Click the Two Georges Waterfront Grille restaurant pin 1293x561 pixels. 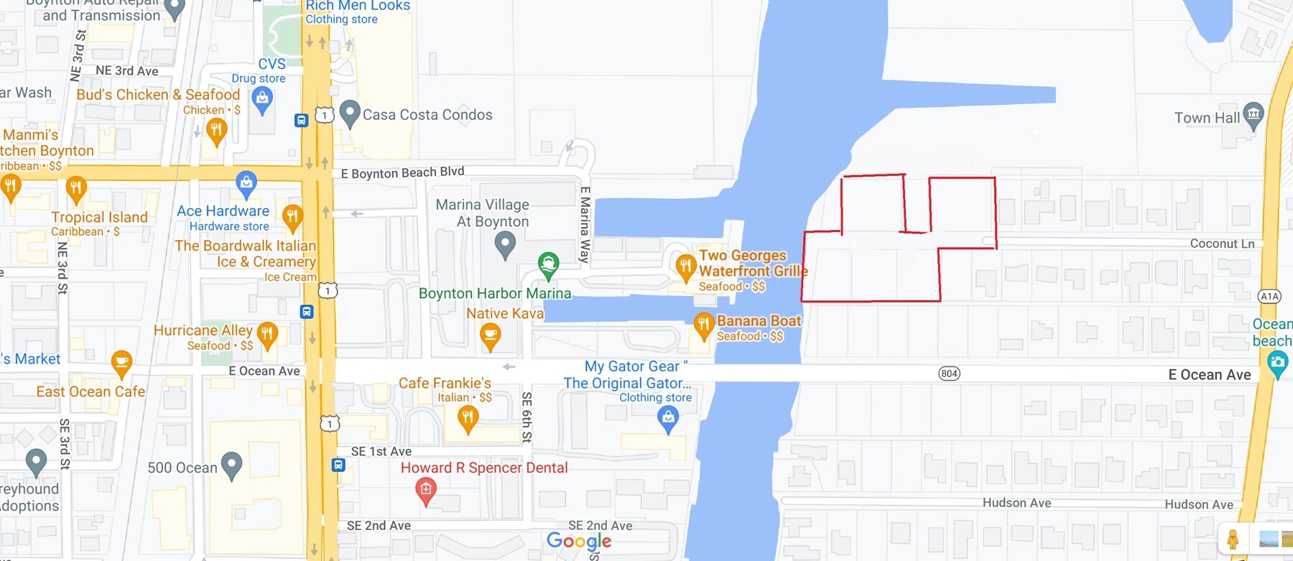685,268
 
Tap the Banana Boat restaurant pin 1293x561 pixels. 703,326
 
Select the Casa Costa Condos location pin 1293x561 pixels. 349,113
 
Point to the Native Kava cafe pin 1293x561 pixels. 490,336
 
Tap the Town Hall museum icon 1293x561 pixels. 1253,115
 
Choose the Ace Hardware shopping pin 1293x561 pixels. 246,183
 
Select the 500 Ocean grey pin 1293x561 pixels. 231,465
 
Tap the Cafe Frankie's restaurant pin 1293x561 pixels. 468,418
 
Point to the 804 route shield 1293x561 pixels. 949,374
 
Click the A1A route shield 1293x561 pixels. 1269,296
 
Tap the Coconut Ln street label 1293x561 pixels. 1222,244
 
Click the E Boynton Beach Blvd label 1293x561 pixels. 402,172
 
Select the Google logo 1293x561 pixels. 579,541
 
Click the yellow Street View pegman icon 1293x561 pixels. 1233,539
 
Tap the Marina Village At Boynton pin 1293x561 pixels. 505,245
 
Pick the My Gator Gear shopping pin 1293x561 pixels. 668,418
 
